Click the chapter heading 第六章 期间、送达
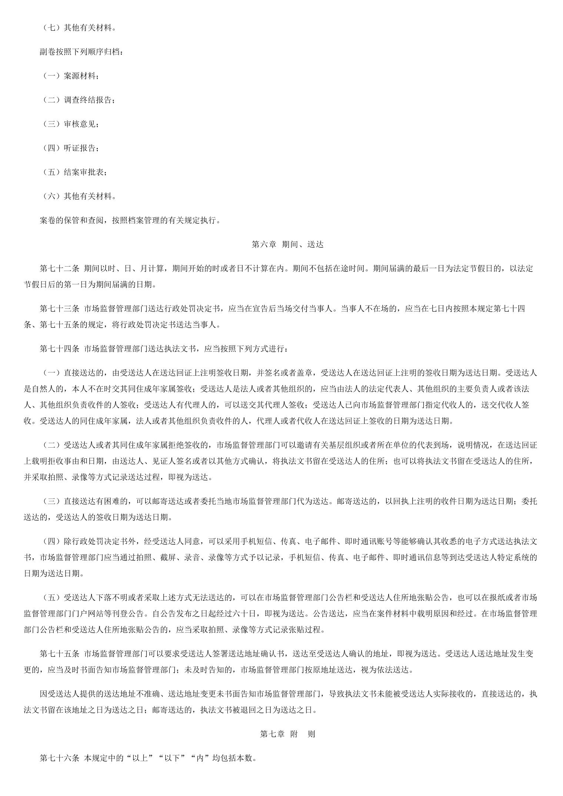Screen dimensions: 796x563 [287, 244]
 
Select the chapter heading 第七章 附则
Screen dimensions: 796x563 [287, 734]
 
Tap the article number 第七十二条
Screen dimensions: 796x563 [59, 268]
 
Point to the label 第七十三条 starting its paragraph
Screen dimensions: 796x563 [59, 309]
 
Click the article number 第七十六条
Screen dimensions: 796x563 [59, 758]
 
